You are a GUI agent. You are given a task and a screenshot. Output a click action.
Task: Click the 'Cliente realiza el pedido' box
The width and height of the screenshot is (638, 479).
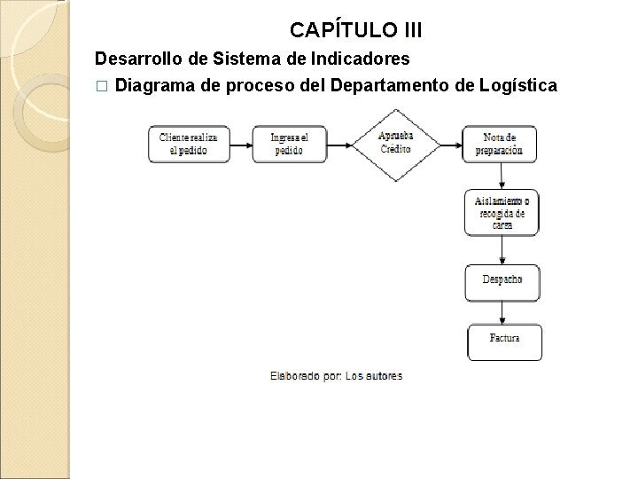point(189,144)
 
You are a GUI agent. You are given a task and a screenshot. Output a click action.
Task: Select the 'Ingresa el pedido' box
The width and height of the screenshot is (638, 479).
point(289,144)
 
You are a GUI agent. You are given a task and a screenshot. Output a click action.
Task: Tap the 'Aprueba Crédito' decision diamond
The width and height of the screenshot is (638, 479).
point(395,144)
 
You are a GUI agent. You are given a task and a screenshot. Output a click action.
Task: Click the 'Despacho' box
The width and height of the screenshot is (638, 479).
point(502,280)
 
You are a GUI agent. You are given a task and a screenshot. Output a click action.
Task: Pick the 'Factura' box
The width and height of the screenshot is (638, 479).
point(504,341)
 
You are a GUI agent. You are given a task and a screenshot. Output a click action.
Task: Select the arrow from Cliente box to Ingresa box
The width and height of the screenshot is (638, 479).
point(242,144)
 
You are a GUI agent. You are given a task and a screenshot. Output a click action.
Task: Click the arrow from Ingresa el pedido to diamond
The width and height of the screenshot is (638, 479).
point(340,144)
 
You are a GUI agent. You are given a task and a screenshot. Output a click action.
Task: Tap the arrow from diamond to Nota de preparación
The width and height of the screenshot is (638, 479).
point(450,144)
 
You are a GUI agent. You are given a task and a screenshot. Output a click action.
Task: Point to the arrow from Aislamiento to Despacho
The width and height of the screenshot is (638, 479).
point(502,250)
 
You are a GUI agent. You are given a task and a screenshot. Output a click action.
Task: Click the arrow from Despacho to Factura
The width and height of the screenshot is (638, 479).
point(503,313)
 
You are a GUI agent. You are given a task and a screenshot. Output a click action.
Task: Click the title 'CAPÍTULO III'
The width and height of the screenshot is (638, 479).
point(356,31)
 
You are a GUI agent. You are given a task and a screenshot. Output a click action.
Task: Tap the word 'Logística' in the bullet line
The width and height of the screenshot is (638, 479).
point(518,86)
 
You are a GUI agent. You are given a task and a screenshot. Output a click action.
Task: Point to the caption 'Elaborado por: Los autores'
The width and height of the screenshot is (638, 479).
point(336,376)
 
